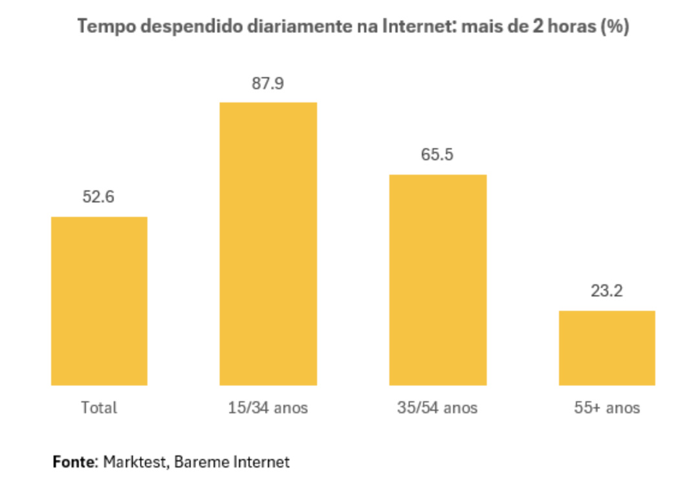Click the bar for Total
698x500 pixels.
point(99,301)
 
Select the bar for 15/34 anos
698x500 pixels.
point(268,244)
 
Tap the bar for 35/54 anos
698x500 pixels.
point(437,280)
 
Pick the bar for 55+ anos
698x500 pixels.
point(607,348)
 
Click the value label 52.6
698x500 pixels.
point(98,197)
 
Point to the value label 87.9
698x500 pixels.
point(268,84)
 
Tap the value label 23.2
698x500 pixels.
point(607,291)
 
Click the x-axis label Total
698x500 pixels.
point(99,408)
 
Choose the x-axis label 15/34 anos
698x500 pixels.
point(268,408)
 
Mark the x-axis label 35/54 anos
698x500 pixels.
point(437,408)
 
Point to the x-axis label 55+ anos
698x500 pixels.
point(607,408)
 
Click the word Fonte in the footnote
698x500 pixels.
point(74,462)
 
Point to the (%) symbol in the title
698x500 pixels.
point(615,27)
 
